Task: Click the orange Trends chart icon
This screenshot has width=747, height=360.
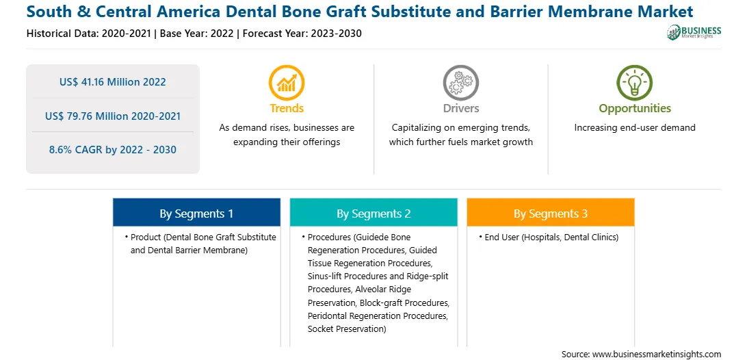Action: click(x=287, y=83)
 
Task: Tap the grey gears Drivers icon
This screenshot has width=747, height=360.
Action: click(x=460, y=83)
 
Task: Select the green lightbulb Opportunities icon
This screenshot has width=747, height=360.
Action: click(x=635, y=83)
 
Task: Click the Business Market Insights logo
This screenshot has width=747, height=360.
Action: click(x=694, y=32)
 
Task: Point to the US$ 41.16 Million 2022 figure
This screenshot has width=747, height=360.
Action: click(x=112, y=82)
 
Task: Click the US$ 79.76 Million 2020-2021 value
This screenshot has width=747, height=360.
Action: click(x=113, y=116)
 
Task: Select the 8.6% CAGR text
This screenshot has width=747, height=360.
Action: click(x=113, y=150)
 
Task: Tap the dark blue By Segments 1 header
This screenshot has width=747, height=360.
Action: click(x=196, y=212)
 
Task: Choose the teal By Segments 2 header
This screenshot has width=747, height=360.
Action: click(x=373, y=212)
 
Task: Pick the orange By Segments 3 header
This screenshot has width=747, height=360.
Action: click(x=550, y=212)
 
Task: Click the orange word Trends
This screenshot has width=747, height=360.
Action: click(x=287, y=109)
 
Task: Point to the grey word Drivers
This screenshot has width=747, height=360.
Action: click(x=460, y=109)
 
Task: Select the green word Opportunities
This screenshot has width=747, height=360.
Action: click(x=635, y=109)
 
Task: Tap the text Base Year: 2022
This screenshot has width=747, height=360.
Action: click(x=197, y=34)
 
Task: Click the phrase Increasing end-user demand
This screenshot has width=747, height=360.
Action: click(x=635, y=128)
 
